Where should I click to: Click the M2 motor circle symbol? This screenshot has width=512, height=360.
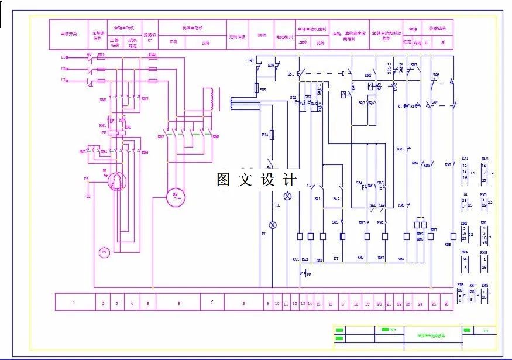click(x=174, y=196)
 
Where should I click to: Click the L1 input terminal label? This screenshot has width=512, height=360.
click(x=63, y=57)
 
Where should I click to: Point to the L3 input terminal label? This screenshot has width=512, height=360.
click(x=63, y=80)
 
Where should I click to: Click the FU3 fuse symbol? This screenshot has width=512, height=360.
click(x=257, y=88)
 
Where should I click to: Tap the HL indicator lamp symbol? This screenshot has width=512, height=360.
click(x=287, y=196)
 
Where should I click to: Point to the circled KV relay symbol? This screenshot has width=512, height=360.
click(x=105, y=252)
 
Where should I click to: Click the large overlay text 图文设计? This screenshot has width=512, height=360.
click(x=257, y=180)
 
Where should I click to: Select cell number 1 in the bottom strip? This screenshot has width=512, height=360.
click(x=74, y=302)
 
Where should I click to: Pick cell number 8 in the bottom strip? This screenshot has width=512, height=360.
click(x=242, y=302)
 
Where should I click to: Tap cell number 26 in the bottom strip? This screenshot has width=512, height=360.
click(x=446, y=302)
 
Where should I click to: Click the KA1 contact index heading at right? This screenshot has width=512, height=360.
click(x=465, y=159)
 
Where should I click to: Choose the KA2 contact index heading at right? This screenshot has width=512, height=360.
click(x=485, y=159)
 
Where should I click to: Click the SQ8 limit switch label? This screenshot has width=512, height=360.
click(x=250, y=60)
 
